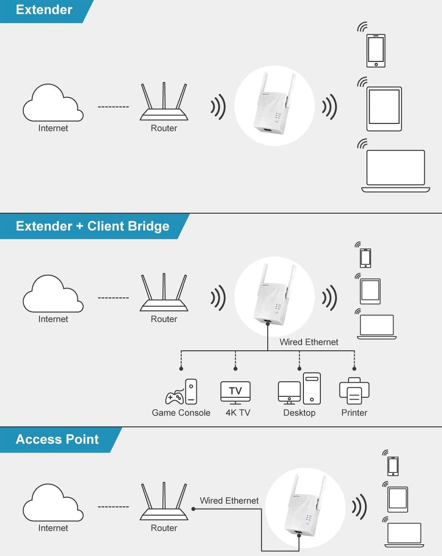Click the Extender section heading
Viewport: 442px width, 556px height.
[x=44, y=10]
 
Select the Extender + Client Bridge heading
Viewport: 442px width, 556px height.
[x=92, y=226]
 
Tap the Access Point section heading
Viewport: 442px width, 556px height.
[x=57, y=439]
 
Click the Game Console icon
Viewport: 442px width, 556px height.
[x=181, y=392]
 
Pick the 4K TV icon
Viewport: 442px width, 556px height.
[x=235, y=392]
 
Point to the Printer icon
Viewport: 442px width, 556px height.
[x=354, y=391]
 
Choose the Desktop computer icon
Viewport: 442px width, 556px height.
[x=299, y=389]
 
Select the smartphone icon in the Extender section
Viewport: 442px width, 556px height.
[x=376, y=50]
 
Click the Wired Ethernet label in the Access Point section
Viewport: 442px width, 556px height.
[x=229, y=501]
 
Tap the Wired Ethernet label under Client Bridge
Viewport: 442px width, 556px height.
[x=309, y=342]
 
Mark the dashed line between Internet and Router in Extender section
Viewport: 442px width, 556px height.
[x=113, y=107]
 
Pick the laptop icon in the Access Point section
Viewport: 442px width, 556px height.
[x=404, y=535]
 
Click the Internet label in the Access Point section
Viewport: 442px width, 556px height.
[x=53, y=528]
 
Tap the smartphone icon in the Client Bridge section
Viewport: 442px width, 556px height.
[x=365, y=258]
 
